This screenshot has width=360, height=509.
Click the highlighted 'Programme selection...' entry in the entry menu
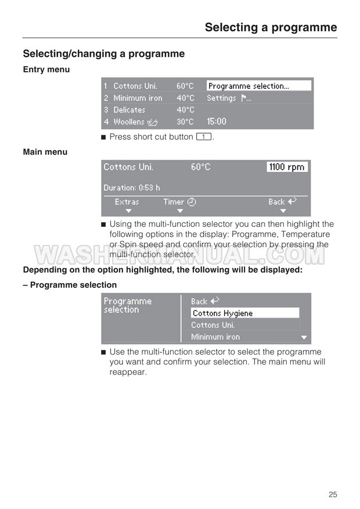[x=258, y=86]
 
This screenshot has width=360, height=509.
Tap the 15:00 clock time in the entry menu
[x=217, y=122]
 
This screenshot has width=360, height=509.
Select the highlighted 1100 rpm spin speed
[x=287, y=167]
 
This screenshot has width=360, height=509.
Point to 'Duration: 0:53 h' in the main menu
[x=132, y=187]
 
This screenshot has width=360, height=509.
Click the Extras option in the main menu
[x=127, y=202]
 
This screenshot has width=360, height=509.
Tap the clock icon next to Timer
[x=192, y=202]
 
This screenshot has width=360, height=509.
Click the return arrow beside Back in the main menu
[x=292, y=201]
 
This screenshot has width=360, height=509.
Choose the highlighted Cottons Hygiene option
[x=244, y=313]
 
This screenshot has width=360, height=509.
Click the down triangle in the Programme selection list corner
[x=303, y=337]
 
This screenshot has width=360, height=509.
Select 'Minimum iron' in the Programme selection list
[x=215, y=337]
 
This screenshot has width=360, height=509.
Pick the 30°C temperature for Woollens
[x=185, y=122]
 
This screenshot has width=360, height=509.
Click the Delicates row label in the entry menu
[x=129, y=110]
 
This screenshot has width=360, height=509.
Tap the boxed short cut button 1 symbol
[x=203, y=137]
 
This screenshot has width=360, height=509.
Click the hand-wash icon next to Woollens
[x=153, y=122]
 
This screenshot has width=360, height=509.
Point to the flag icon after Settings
[x=244, y=98]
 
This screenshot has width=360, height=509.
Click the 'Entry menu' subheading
[x=46, y=70]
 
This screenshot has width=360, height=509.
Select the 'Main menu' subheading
[x=45, y=152]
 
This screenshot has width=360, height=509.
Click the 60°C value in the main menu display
[x=200, y=167]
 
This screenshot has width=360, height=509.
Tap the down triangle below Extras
[x=129, y=211]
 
